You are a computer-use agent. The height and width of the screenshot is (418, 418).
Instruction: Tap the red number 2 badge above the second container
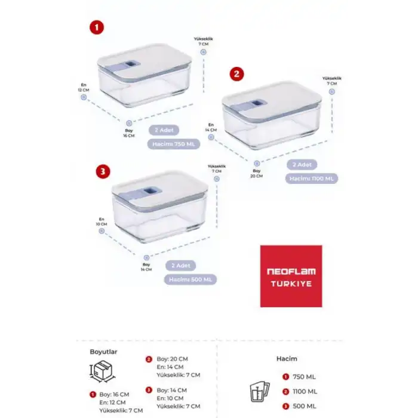237,73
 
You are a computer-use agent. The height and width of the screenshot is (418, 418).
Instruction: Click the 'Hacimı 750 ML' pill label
175,144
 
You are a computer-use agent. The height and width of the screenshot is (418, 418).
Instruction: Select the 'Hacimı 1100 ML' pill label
312,178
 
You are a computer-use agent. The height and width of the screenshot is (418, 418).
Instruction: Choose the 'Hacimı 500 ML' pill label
183,279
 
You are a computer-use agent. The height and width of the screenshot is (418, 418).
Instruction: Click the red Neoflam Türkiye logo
291,276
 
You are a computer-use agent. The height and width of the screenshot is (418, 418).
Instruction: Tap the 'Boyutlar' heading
102,352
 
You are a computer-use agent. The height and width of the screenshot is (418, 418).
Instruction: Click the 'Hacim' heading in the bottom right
287,359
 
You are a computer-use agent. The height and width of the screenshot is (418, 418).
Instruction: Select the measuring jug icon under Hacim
257,391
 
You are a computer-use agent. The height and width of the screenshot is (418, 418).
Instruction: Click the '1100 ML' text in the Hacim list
306,392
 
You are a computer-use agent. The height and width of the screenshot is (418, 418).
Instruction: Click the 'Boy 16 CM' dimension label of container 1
129,133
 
